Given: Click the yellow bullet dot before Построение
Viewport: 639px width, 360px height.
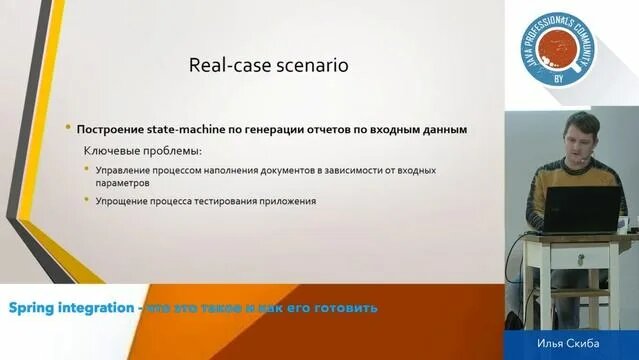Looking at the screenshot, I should [68, 128].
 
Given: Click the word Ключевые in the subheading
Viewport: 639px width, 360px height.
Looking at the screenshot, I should [110, 151].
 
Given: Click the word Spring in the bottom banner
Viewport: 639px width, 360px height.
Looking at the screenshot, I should [35, 307].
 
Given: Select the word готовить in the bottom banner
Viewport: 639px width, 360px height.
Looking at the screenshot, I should [348, 307].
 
